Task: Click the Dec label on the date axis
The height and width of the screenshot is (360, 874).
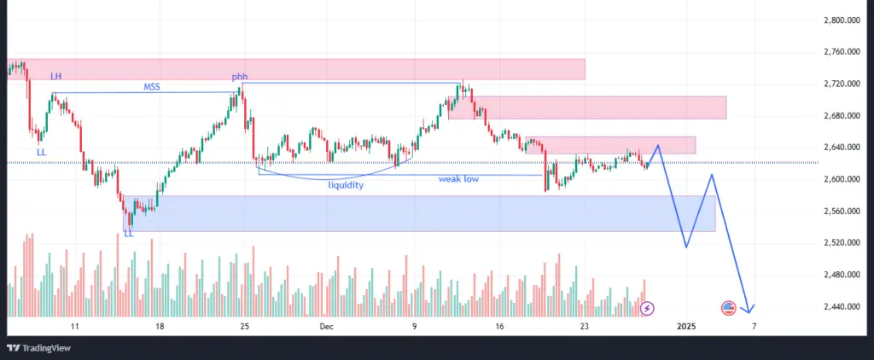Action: pyautogui.click(x=327, y=326)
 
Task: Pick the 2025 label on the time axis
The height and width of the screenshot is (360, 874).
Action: pyautogui.click(x=688, y=326)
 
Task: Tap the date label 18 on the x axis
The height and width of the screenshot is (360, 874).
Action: pyautogui.click(x=160, y=326)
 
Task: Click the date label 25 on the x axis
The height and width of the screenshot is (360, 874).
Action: pyautogui.click(x=245, y=326)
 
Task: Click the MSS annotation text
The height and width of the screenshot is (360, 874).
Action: pyautogui.click(x=152, y=86)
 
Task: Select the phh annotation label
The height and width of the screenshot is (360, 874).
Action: pyautogui.click(x=240, y=77)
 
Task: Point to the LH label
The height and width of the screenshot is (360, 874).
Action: pyautogui.click(x=55, y=77)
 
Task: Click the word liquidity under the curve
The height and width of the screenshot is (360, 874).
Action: pyautogui.click(x=346, y=184)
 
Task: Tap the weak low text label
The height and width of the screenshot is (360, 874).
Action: pyautogui.click(x=458, y=180)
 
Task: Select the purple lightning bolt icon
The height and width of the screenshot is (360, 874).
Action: pyautogui.click(x=648, y=307)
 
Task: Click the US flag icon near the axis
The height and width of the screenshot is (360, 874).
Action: pyautogui.click(x=729, y=307)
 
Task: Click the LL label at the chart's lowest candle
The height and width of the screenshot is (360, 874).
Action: pyautogui.click(x=128, y=233)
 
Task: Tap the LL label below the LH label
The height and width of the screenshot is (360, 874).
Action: pyautogui.click(x=42, y=152)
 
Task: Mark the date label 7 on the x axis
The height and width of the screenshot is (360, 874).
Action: pyautogui.click(x=754, y=326)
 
